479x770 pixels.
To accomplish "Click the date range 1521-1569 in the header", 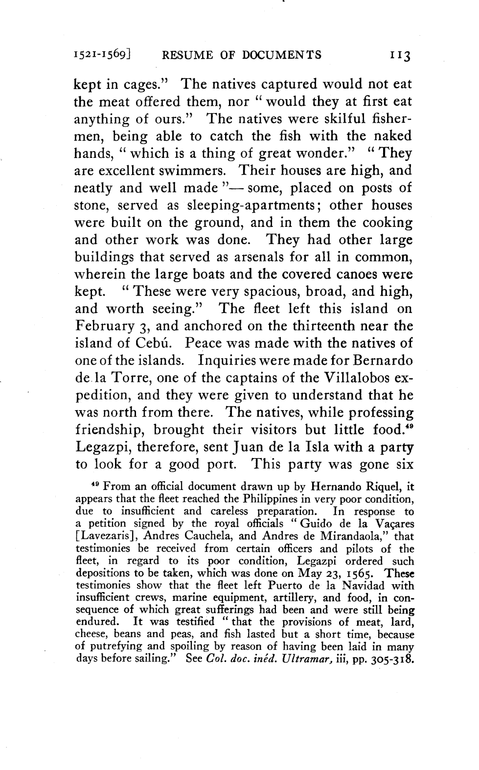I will pos(101,55).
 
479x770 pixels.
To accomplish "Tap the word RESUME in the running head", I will pos(188,55).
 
